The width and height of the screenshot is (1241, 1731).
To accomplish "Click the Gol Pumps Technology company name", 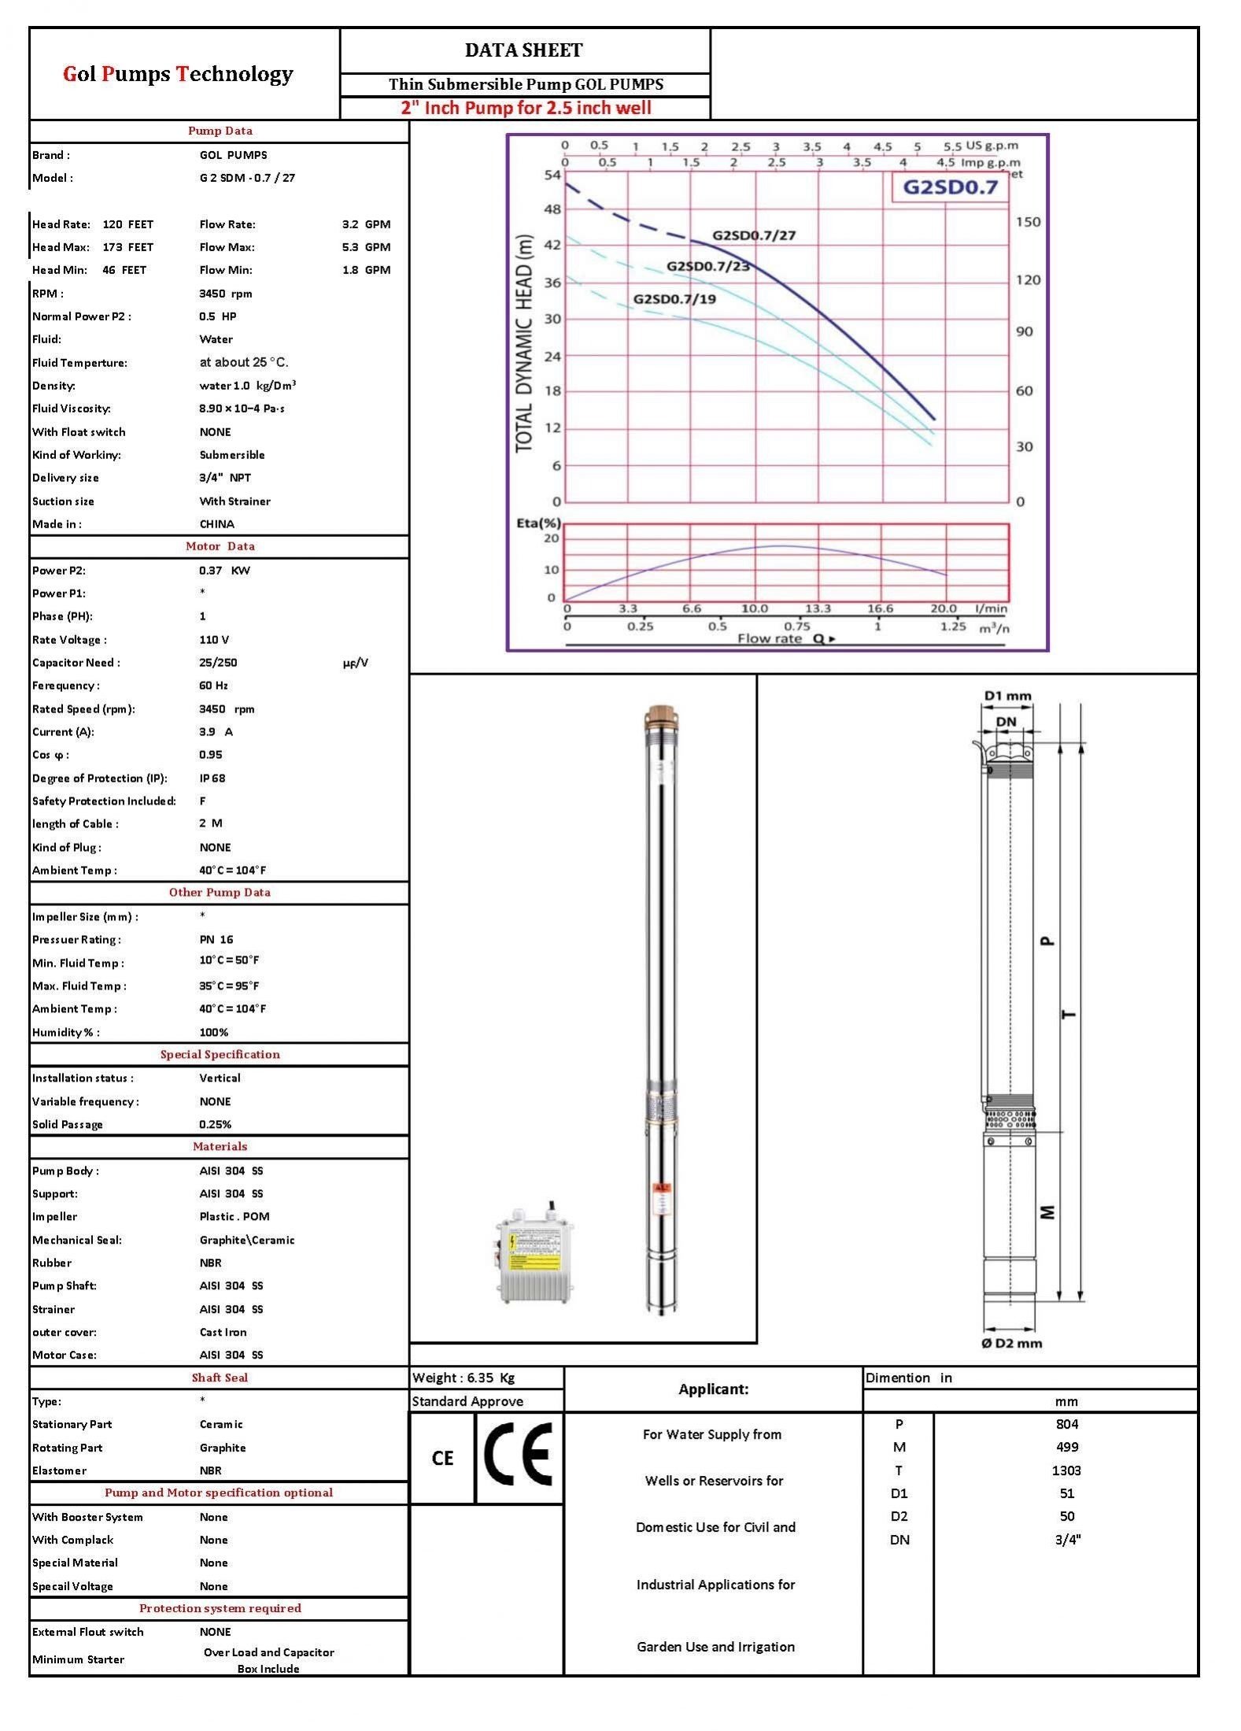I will pyautogui.click(x=178, y=74).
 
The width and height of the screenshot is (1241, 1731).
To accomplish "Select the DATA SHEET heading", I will pyautogui.click(x=523, y=50).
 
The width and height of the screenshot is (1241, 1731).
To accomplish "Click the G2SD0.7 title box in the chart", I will pyautogui.click(x=949, y=187).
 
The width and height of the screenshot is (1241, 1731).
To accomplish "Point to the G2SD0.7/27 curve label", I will pyautogui.click(x=754, y=235).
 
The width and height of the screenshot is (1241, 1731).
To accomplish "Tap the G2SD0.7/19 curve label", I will pyautogui.click(x=674, y=299).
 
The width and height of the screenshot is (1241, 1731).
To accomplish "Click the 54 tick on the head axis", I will pyautogui.click(x=552, y=175).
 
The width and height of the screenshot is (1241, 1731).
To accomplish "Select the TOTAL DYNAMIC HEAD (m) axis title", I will pyautogui.click(x=524, y=344).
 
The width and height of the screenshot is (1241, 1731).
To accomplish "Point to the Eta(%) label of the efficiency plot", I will pyautogui.click(x=538, y=523).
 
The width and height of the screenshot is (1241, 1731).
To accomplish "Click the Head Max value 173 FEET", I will pyautogui.click(x=127, y=247).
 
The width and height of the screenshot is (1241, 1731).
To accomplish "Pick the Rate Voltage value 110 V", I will pyautogui.click(x=214, y=640).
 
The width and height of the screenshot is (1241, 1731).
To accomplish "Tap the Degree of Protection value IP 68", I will pyautogui.click(x=212, y=778).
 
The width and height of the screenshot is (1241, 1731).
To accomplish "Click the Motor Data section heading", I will pyautogui.click(x=220, y=546).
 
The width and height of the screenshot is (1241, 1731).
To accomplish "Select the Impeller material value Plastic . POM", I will pyautogui.click(x=234, y=1216).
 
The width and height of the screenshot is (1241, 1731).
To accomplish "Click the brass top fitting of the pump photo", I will pyautogui.click(x=659, y=718).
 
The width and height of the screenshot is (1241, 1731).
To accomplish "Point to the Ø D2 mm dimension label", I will pyautogui.click(x=1011, y=1343).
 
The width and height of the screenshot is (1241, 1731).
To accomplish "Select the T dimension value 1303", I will pyautogui.click(x=1066, y=1470).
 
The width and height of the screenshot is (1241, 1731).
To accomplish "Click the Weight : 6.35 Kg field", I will pyautogui.click(x=463, y=1378).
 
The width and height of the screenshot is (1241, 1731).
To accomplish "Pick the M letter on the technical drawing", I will pyautogui.click(x=1047, y=1212).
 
